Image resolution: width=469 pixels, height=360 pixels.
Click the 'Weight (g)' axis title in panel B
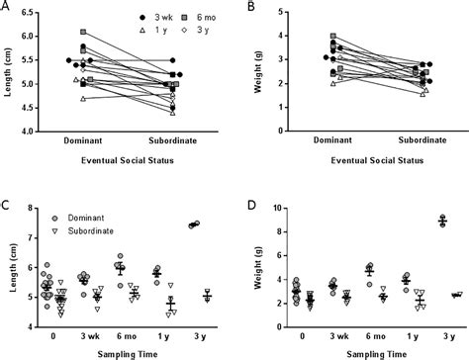[255, 70]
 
